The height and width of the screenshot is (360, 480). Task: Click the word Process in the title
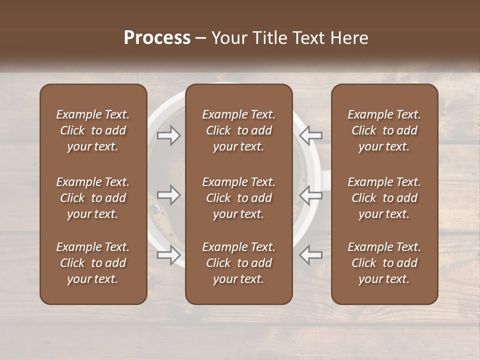[157, 38]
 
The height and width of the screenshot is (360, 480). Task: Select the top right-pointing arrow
[169, 135]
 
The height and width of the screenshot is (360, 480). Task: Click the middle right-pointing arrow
[169, 195]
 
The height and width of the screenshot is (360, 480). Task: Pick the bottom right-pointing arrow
[169, 255]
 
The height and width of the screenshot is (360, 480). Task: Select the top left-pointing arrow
[310, 135]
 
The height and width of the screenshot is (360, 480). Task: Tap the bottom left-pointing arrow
[310, 254]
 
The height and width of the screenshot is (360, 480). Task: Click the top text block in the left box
[93, 130]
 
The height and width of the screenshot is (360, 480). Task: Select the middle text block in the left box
[93, 198]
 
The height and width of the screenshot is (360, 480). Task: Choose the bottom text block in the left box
[93, 263]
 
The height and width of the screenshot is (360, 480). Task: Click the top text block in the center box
[239, 130]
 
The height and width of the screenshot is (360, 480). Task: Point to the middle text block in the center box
[239, 198]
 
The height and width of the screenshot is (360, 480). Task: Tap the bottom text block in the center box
[239, 263]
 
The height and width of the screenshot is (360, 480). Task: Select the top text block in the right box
[384, 130]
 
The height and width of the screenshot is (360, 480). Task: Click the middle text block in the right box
[384, 198]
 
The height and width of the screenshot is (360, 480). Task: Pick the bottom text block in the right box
[384, 263]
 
